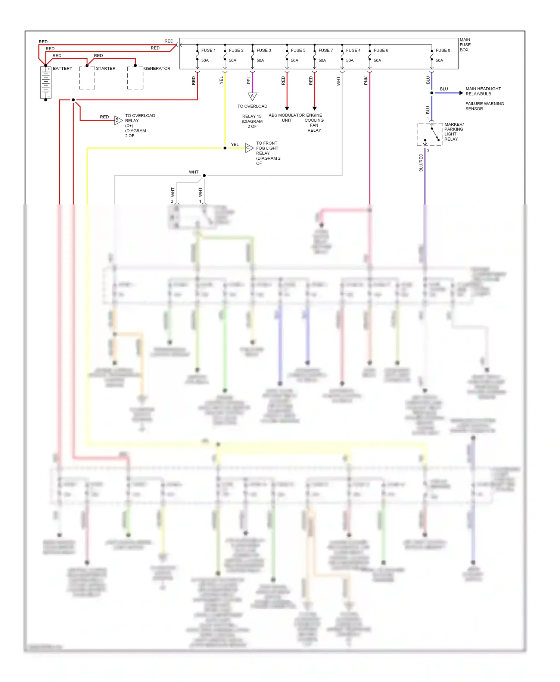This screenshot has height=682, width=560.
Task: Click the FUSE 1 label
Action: point(208,50)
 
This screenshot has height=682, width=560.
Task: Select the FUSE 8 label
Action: point(443,50)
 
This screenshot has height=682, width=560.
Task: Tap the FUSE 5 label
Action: point(298,50)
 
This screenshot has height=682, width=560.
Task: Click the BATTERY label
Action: point(62,69)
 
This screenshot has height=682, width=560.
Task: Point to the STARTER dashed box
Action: point(87,78)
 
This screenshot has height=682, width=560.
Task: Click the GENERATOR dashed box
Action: point(135,78)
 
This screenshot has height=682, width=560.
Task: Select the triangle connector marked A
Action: point(252,97)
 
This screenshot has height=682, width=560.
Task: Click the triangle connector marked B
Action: point(118,120)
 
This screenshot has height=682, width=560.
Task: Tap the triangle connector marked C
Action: point(249,148)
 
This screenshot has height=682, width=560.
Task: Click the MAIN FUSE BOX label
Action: point(465,45)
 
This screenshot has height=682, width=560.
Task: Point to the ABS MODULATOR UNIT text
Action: point(287,118)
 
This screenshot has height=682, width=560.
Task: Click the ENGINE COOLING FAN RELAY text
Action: point(314,123)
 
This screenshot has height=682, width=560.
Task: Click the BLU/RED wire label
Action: point(421,163)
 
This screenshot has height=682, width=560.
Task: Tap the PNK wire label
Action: point(366,81)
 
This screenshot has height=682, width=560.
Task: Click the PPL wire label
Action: point(249,80)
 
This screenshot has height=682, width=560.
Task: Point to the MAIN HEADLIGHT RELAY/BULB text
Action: point(483,91)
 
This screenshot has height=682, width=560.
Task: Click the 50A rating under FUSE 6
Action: point(377,60)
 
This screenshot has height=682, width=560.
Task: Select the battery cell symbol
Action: point(46,83)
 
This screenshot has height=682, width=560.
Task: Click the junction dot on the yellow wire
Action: point(225,148)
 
